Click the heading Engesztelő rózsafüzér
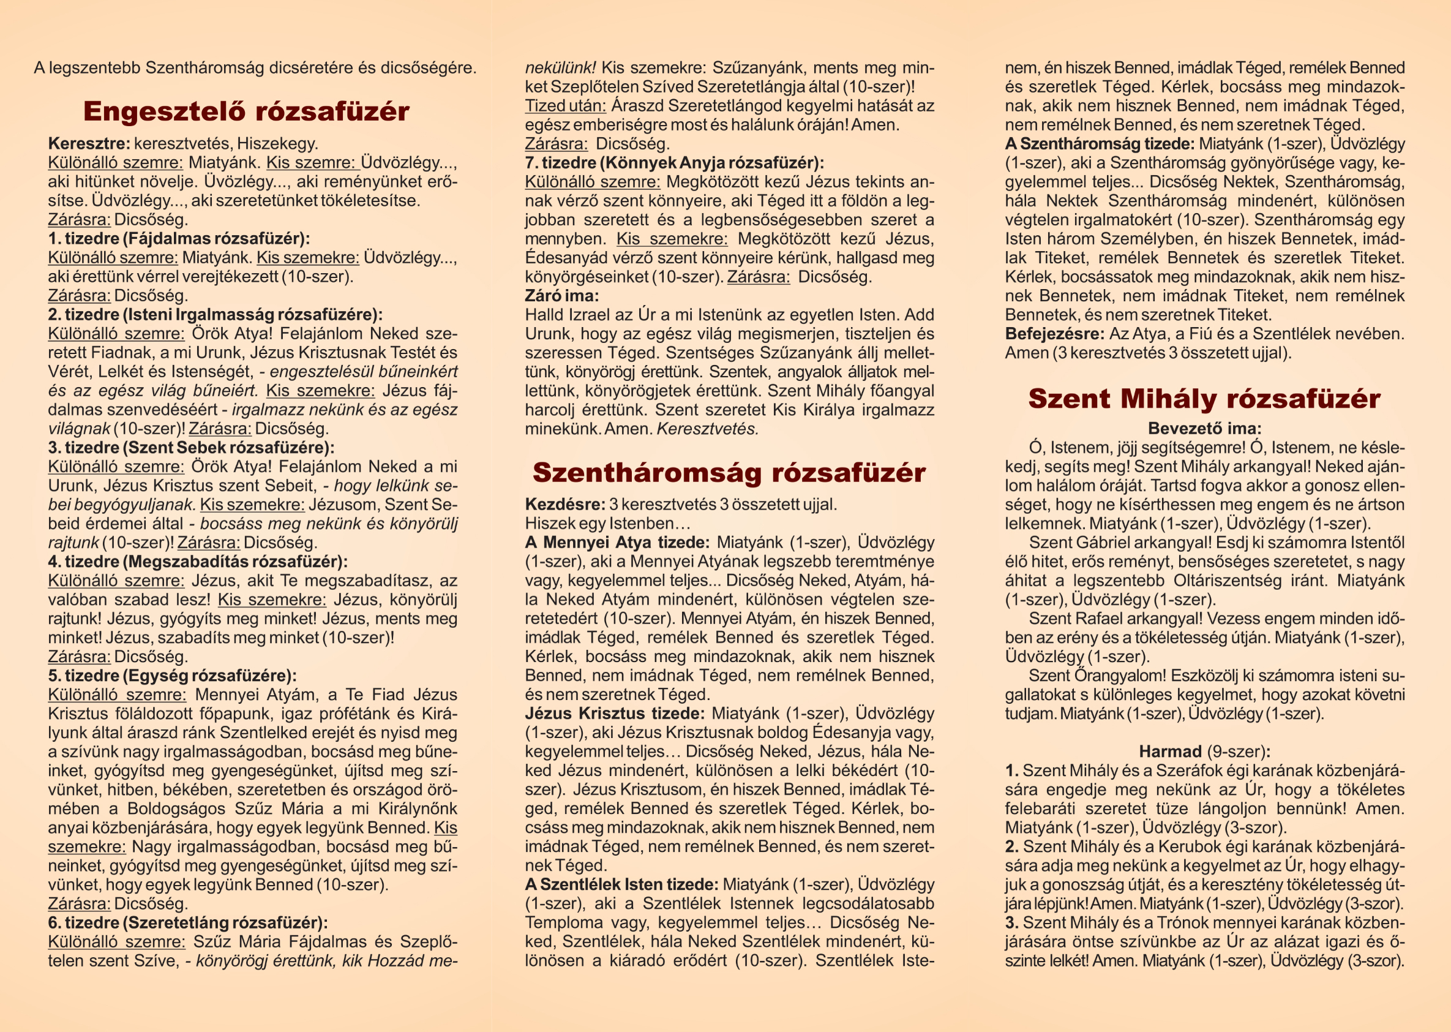click(246, 111)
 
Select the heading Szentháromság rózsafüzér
click(729, 472)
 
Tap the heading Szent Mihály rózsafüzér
click(1204, 399)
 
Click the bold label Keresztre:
click(89, 143)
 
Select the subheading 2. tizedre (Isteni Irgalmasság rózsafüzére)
click(215, 315)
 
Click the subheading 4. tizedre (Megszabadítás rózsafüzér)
click(198, 562)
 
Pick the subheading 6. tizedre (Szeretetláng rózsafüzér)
click(188, 923)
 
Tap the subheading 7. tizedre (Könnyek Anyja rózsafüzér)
click(674, 163)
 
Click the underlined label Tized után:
click(564, 105)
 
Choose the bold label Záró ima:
click(561, 295)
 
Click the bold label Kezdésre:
click(564, 505)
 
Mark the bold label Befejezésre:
click(1055, 334)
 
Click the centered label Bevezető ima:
click(1204, 428)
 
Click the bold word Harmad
click(1169, 751)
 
